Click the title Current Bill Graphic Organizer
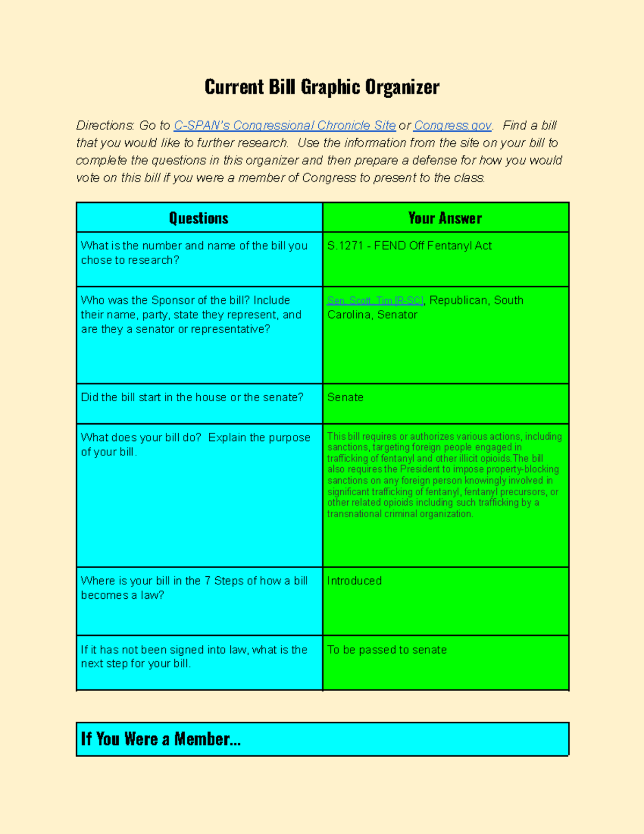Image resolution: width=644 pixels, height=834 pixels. (321, 87)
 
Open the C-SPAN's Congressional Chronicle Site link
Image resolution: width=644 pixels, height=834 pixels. (284, 126)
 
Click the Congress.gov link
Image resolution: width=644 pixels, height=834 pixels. (452, 126)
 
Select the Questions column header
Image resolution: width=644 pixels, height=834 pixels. (199, 218)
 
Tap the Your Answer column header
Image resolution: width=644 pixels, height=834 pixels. (445, 218)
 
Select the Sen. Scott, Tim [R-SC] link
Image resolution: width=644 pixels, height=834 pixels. (375, 301)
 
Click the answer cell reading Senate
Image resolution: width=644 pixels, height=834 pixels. (345, 397)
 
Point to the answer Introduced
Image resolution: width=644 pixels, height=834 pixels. (354, 581)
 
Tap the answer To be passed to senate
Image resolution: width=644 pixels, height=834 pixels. (387, 650)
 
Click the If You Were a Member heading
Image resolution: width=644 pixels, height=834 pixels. (160, 739)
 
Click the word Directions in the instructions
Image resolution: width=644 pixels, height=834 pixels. (105, 126)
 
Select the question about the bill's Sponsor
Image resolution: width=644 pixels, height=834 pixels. (191, 315)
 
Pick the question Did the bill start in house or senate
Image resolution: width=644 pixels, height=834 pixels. (192, 397)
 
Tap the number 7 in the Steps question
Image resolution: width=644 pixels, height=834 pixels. (207, 581)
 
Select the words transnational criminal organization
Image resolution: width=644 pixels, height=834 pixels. (400, 514)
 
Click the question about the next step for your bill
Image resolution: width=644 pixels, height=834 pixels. (193, 657)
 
